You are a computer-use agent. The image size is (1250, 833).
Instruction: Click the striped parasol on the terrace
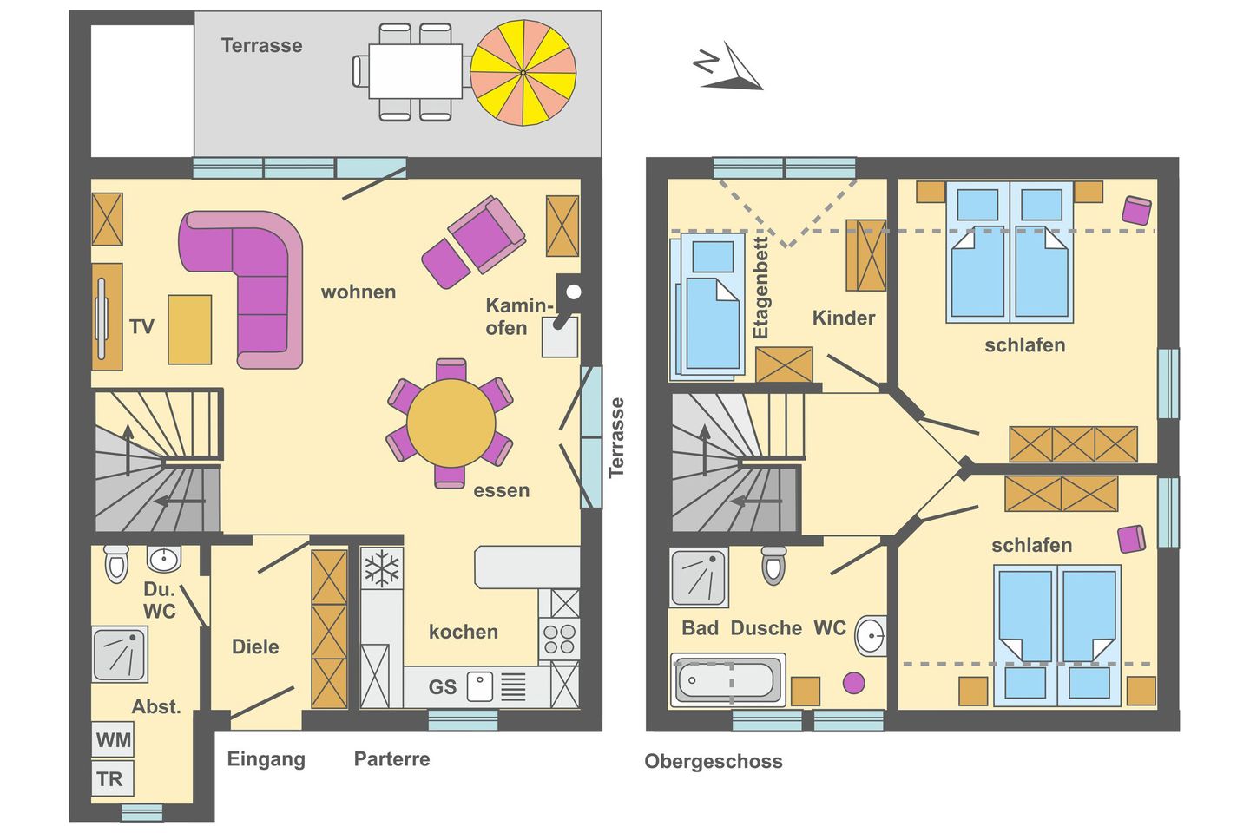pos(523,73)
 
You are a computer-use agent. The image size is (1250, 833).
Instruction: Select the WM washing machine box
pos(114,740)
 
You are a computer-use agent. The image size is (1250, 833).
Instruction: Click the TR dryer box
pos(111,779)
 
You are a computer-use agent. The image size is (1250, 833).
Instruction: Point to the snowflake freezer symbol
pos(382,569)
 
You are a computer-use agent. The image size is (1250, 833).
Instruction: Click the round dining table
pos(450,423)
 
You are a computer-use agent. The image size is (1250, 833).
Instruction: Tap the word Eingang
pos(266,759)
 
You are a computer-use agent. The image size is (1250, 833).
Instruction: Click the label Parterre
pos(391,759)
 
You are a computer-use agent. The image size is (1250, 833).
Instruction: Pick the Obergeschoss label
pos(713,762)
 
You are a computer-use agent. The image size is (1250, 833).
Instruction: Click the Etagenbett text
pos(761,287)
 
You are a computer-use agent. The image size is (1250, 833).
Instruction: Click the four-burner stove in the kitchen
pos(560,639)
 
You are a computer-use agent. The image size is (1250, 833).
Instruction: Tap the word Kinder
pos(843,318)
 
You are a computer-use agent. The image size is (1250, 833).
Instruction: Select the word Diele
pos(255,646)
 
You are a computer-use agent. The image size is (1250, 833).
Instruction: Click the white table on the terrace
pos(415,71)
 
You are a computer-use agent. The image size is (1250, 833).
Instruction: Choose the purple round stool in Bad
pos(854,683)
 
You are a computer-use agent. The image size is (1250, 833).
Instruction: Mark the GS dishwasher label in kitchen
pos(442,687)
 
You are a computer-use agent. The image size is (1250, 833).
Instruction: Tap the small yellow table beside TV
pos(189,329)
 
